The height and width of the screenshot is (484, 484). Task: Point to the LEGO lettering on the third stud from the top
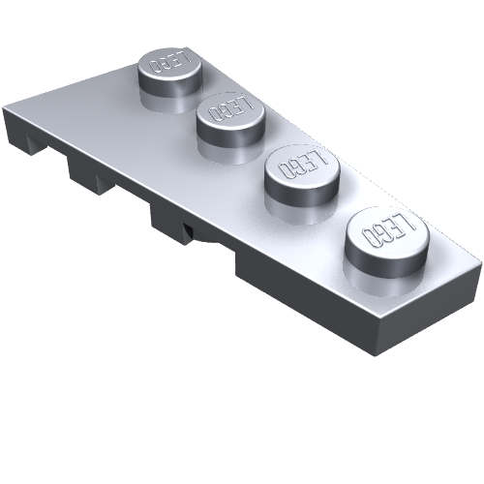(302, 165)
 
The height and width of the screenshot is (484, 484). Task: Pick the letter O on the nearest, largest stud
(370, 239)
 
